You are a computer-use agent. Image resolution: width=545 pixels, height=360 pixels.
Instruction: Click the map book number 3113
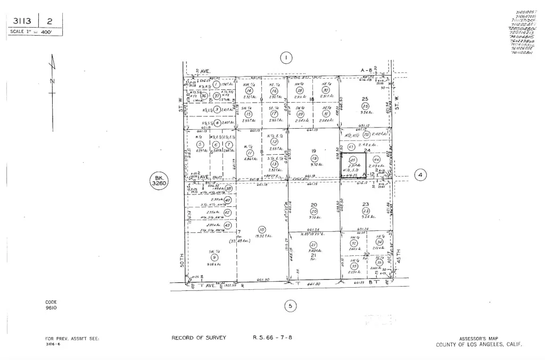(x=24, y=21)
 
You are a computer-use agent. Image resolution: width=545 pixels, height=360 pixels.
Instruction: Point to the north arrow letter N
(x=52, y=81)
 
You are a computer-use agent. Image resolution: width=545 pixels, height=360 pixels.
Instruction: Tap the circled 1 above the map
(x=286, y=58)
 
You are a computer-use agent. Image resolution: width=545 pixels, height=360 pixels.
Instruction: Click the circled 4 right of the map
(x=420, y=174)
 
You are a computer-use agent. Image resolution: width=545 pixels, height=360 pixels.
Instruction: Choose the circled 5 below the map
(x=290, y=306)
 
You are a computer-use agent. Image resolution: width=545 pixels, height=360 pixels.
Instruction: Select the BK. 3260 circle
(x=159, y=181)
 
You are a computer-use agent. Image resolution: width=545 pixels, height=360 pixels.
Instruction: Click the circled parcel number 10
(x=262, y=230)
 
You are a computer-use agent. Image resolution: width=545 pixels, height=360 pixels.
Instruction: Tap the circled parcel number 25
(x=365, y=106)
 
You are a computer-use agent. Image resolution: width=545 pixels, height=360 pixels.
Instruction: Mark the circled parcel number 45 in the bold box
(x=352, y=160)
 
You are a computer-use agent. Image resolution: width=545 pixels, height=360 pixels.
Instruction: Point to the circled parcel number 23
(x=366, y=211)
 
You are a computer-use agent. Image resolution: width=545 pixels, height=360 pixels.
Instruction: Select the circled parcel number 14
(x=248, y=91)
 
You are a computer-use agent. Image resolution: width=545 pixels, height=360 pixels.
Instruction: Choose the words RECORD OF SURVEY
(x=199, y=338)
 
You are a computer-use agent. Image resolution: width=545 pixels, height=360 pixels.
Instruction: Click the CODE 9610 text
(x=51, y=305)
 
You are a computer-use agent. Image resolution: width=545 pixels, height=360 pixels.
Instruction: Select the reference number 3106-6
(x=53, y=344)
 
